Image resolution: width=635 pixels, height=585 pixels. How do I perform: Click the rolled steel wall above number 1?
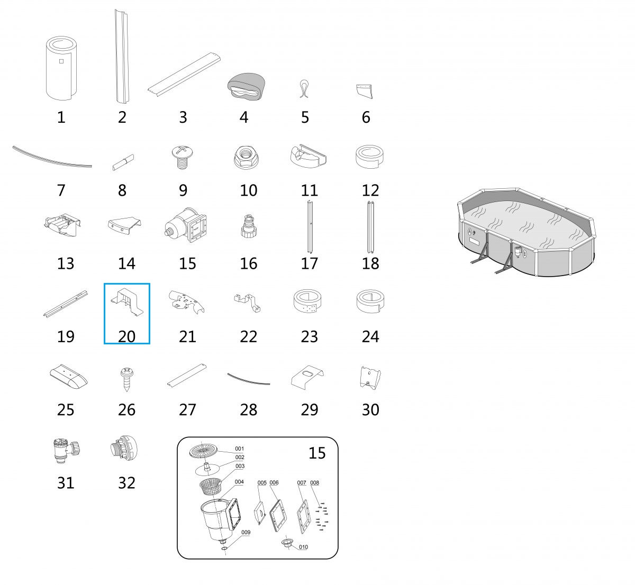pyautogui.click(x=61, y=68)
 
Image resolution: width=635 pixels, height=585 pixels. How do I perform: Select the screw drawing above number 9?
pyautogui.click(x=182, y=157)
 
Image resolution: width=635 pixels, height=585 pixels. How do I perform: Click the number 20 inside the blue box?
pyautogui.click(x=126, y=336)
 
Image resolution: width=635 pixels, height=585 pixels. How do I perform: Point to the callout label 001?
pyautogui.click(x=239, y=449)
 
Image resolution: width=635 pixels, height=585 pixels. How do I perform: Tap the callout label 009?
pyautogui.click(x=246, y=532)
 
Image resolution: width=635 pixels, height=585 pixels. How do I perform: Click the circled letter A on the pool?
pyautogui.click(x=470, y=231)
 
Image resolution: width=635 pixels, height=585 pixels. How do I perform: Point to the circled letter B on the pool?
pyautogui.click(x=524, y=253)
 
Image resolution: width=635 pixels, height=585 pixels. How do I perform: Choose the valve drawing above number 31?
pyautogui.click(x=66, y=451)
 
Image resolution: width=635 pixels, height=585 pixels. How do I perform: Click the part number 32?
pyautogui.click(x=126, y=483)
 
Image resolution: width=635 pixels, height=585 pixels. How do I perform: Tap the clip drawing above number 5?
pyautogui.click(x=304, y=89)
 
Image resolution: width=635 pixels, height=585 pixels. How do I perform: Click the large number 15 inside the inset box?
pyautogui.click(x=317, y=453)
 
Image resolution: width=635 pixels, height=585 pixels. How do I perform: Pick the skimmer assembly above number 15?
pyautogui.click(x=186, y=225)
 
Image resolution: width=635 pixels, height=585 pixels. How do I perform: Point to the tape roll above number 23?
pyautogui.click(x=307, y=301)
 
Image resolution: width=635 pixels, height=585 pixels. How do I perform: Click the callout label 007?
pyautogui.click(x=301, y=482)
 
